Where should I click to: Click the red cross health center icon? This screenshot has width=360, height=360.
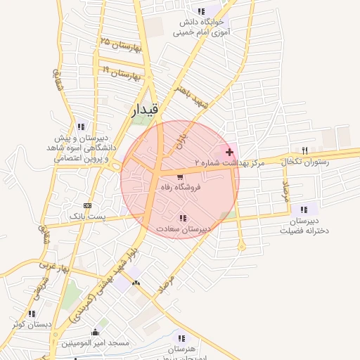click(x=229, y=152)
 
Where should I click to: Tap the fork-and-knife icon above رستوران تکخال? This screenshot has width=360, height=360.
click(x=304, y=150)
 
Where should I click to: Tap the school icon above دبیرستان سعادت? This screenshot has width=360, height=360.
click(x=183, y=218)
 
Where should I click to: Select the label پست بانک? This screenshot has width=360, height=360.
click(x=87, y=216)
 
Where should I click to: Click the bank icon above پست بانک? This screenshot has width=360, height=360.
click(x=87, y=205)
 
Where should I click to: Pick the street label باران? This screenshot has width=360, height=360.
click(x=181, y=131)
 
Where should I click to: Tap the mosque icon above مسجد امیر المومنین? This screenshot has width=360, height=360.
click(x=95, y=332)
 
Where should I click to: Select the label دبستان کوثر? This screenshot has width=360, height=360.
click(x=32, y=324)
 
